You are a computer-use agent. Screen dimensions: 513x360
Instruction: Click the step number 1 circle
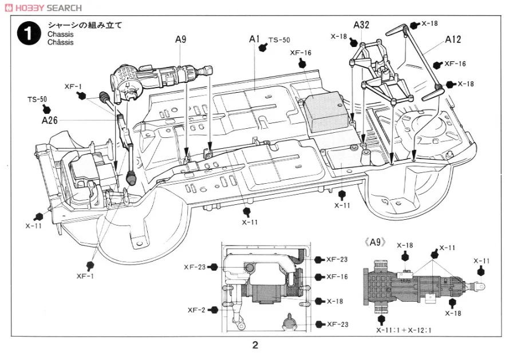coord(29,33)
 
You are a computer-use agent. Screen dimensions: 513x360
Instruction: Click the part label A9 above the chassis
coord(180,39)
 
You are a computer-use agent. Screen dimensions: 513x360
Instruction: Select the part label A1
coord(254,39)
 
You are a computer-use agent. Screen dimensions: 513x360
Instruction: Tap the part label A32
coord(361,25)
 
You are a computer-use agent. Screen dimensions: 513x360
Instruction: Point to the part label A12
coord(453,39)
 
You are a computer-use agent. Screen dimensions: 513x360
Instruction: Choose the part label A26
coord(50,120)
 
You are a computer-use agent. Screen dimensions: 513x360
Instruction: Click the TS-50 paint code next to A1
coord(279,40)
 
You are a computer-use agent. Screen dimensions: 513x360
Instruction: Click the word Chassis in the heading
coord(61,34)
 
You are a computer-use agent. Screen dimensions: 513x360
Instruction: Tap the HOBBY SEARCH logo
coord(45,7)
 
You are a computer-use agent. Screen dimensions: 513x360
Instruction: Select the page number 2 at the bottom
coord(255,345)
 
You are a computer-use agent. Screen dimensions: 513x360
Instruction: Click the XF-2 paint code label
coord(196,310)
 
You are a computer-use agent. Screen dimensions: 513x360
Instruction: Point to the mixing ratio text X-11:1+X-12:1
coord(404,330)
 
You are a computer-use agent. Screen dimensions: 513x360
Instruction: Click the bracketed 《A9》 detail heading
coord(375,242)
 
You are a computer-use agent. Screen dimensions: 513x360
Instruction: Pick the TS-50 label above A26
coord(37,100)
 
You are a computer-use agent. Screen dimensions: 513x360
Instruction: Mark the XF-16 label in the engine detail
coord(337,276)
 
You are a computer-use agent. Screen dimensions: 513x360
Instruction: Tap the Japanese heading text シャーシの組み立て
coord(85,25)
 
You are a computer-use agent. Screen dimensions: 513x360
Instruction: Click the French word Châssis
coord(61,42)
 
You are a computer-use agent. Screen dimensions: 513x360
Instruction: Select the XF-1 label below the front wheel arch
coord(85,276)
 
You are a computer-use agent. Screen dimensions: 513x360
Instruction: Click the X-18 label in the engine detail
coord(335,301)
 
